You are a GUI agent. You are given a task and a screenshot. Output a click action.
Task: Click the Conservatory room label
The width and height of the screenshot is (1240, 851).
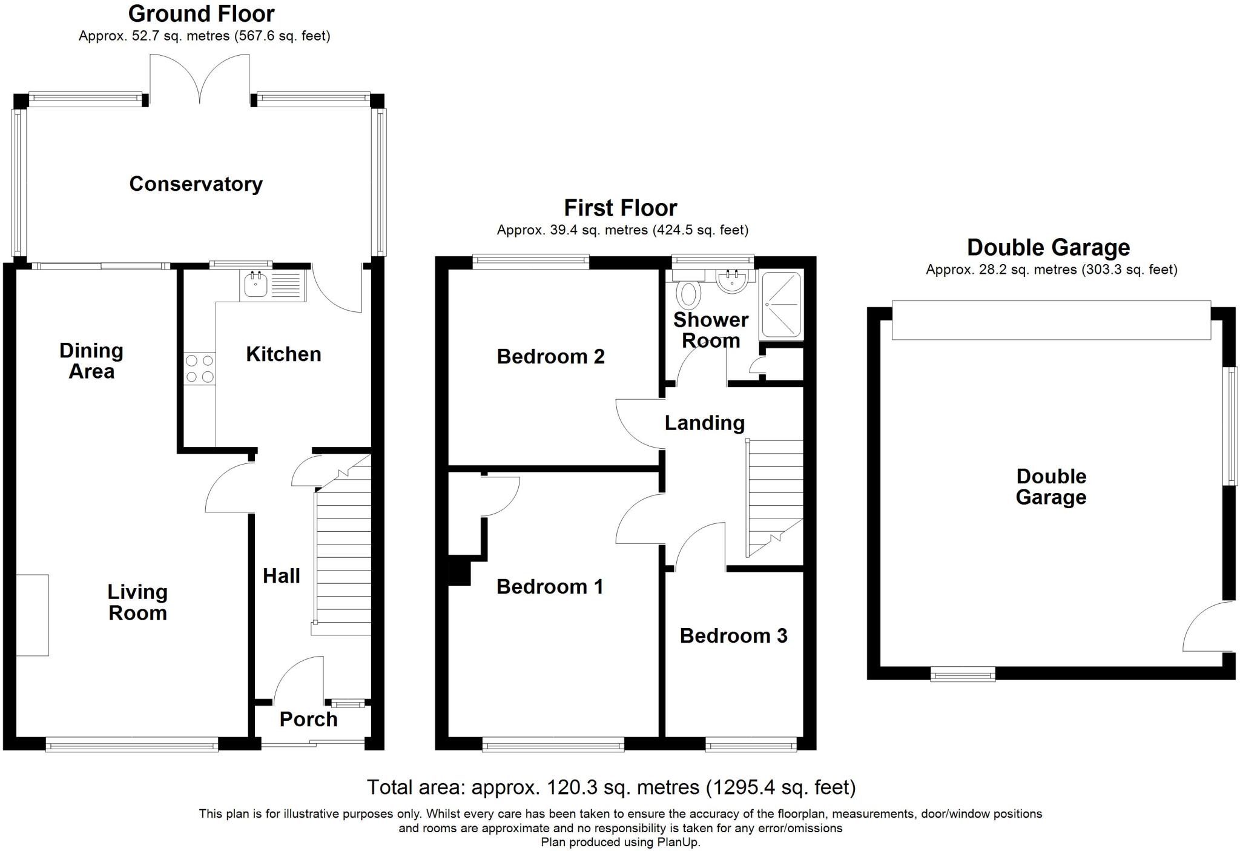tap(196, 184)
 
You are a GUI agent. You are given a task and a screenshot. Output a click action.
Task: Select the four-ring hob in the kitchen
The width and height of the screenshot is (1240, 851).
tap(200, 368)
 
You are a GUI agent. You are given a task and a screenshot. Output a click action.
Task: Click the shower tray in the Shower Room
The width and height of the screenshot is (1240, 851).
tap(781, 305)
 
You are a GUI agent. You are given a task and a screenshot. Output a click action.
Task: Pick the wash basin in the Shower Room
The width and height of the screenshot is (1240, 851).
tap(733, 281)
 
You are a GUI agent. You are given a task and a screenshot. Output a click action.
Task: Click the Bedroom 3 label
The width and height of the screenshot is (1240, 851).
tap(733, 636)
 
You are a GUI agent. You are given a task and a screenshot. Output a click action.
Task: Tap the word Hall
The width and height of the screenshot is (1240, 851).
tap(281, 576)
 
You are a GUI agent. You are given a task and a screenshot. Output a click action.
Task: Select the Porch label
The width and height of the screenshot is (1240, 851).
tap(308, 720)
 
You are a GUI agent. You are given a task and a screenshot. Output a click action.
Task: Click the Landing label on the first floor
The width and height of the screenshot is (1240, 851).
tap(704, 423)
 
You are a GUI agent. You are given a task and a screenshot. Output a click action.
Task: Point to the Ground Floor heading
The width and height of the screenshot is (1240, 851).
tap(201, 13)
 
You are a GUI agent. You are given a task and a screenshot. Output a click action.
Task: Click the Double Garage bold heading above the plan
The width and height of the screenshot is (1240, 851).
tap(1048, 247)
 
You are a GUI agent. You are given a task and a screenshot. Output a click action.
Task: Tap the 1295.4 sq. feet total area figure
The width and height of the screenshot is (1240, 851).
tap(781, 787)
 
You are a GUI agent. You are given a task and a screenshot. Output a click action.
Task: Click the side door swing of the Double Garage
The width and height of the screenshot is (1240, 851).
tap(1205, 630)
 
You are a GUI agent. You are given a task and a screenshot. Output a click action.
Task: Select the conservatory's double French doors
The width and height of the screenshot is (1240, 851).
tap(199, 79)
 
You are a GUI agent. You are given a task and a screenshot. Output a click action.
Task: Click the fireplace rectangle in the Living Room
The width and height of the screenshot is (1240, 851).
tap(32, 615)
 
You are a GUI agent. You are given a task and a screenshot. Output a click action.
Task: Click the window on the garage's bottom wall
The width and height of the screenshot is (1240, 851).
tap(962, 674)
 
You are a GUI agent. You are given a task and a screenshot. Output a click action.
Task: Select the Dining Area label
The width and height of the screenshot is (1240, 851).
tap(91, 361)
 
